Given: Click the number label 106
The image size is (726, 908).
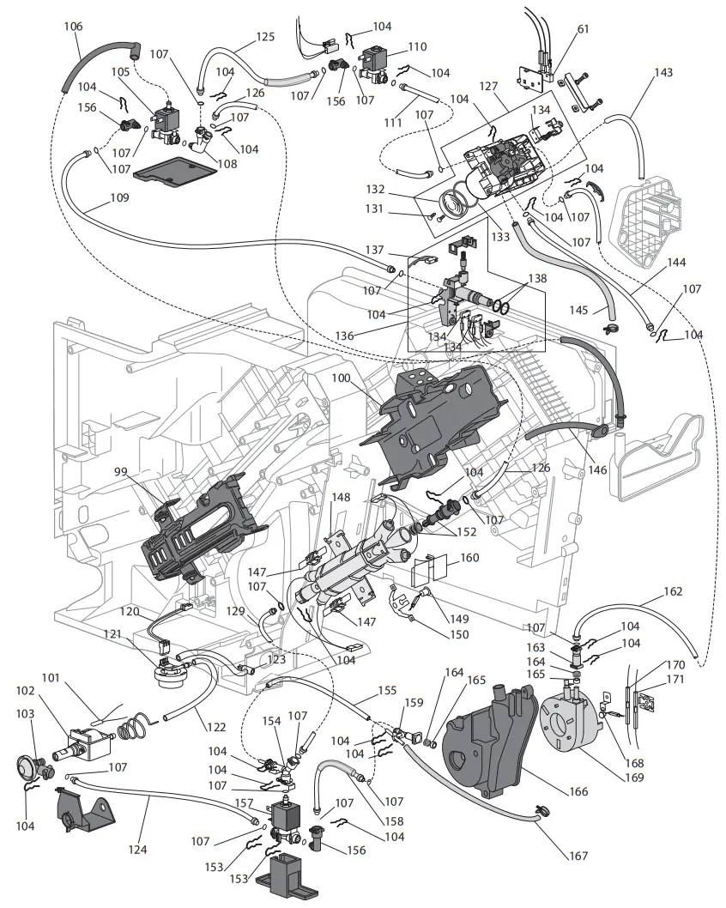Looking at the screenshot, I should (74, 27).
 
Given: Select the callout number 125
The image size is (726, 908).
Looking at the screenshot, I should (265, 37).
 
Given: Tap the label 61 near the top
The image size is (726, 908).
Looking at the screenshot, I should (583, 28).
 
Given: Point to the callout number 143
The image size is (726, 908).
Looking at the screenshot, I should (662, 73).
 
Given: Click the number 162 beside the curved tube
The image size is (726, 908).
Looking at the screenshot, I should (674, 591).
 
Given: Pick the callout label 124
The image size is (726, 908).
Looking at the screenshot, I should (137, 850).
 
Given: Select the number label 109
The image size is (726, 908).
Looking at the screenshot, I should (119, 197).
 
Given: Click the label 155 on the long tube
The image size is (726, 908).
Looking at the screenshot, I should (387, 689).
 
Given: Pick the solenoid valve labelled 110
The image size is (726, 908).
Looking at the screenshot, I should (376, 61).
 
